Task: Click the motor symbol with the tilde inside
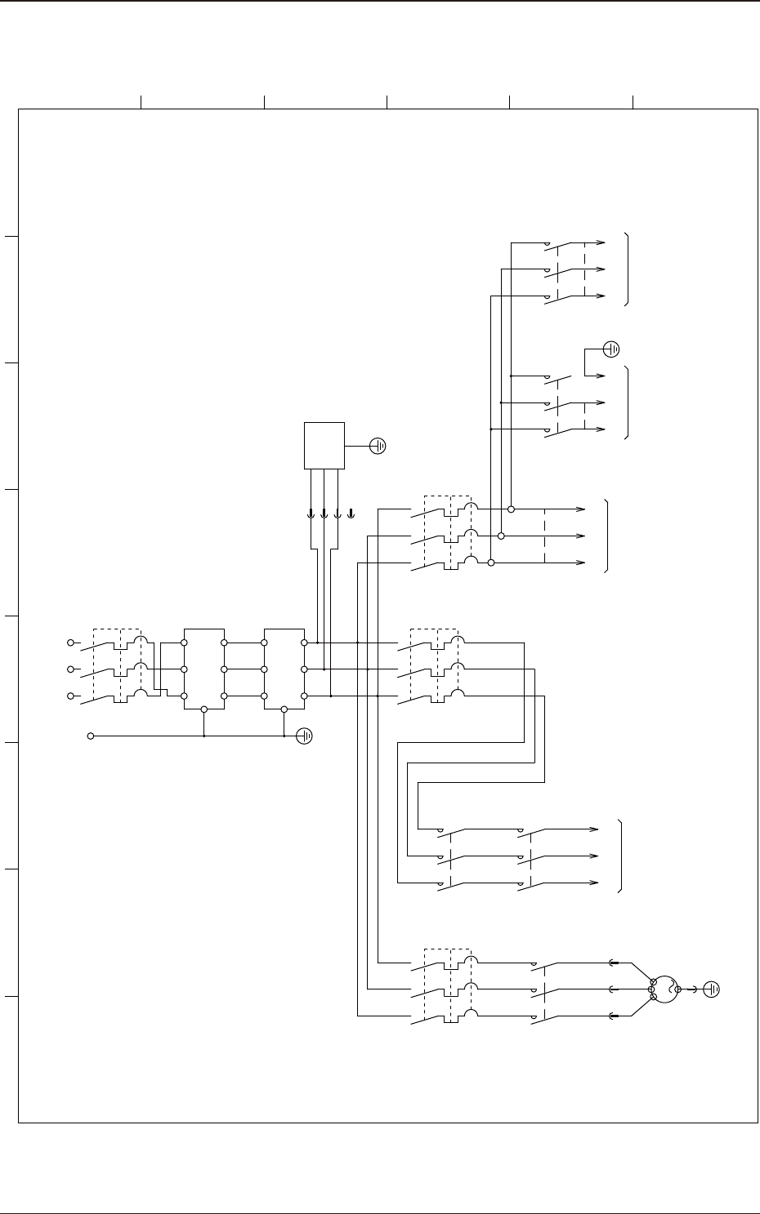(x=667, y=990)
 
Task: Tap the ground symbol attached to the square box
(x=378, y=446)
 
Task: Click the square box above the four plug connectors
(x=324, y=446)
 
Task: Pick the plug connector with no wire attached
(x=351, y=514)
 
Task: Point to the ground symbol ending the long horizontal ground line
(x=304, y=736)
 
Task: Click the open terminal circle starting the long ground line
(x=92, y=736)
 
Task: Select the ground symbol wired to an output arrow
(x=611, y=350)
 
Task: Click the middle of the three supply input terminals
(x=71, y=669)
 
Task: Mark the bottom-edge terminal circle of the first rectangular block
(x=204, y=709)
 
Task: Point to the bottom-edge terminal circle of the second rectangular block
(x=284, y=709)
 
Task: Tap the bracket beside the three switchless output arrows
(x=606, y=536)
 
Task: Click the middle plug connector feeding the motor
(x=614, y=989)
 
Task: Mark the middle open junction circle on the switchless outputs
(x=501, y=536)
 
